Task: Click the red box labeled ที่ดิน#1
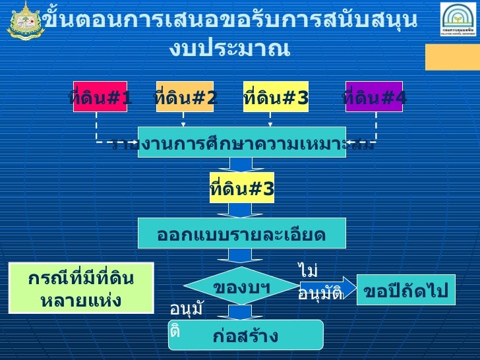(100, 97)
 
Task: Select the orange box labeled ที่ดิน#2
(185, 97)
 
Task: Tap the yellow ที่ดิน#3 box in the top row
(276, 97)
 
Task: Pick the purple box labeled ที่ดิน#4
(374, 97)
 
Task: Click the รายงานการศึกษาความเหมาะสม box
(241, 142)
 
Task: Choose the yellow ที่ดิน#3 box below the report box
(241, 189)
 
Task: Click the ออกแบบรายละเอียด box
(241, 234)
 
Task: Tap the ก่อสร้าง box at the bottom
(245, 335)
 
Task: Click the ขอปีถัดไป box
(405, 290)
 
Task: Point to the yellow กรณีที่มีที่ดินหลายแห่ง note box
(80, 288)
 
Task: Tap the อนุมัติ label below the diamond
(185, 319)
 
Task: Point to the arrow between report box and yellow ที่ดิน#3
(241, 165)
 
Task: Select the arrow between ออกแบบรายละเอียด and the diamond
(241, 256)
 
